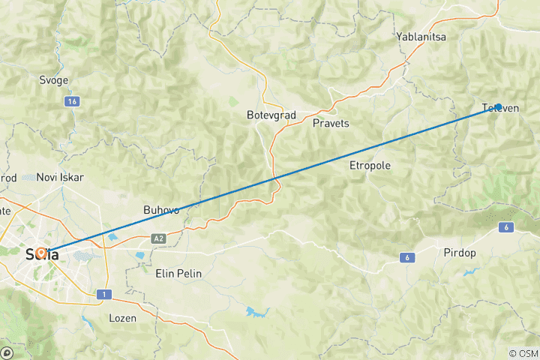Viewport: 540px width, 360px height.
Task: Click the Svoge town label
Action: (x=53, y=80)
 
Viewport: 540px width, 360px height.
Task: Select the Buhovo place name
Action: (x=161, y=210)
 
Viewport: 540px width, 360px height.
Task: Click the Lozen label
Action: (x=123, y=318)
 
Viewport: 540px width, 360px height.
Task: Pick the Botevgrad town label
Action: (x=271, y=115)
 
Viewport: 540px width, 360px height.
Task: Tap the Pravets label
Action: (x=331, y=123)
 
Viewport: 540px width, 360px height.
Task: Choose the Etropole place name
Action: (x=370, y=165)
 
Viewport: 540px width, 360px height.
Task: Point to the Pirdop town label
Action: (x=459, y=253)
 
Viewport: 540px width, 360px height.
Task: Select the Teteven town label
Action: (x=500, y=109)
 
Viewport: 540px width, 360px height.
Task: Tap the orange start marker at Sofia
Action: (x=42, y=253)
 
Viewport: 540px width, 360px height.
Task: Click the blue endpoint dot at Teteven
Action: (x=498, y=107)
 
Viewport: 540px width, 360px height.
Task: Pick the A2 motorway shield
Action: (x=158, y=238)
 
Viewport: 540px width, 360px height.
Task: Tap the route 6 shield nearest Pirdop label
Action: (x=407, y=258)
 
